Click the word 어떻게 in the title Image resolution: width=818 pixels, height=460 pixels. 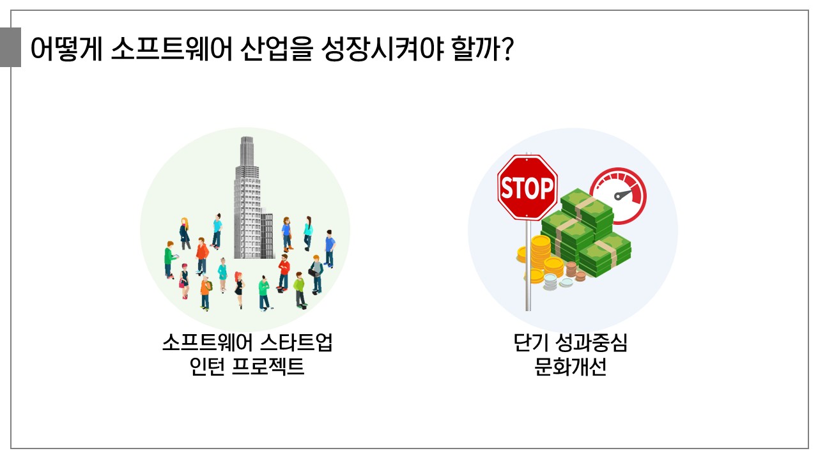tap(66, 49)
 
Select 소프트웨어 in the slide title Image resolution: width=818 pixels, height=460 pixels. tap(172, 49)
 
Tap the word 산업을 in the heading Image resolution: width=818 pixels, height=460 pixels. tap(277, 49)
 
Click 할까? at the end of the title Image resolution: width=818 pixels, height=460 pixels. tap(482, 49)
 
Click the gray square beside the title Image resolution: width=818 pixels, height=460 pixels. tap(10, 47)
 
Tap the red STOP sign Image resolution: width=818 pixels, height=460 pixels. tap(527, 187)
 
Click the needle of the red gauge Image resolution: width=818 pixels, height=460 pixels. tap(623, 195)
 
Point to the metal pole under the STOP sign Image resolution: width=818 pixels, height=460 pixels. tap(528, 265)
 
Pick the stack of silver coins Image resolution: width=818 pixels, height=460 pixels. tap(550, 282)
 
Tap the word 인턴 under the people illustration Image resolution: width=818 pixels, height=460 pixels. tap(207, 366)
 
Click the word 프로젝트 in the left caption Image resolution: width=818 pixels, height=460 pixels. tap(268, 366)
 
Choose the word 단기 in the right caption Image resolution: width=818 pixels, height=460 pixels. tap(530, 342)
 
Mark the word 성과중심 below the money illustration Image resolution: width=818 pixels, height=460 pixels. tap(591, 342)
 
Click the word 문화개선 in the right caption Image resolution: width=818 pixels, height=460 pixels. tap(570, 366)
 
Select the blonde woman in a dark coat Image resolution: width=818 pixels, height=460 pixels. tap(185, 234)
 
